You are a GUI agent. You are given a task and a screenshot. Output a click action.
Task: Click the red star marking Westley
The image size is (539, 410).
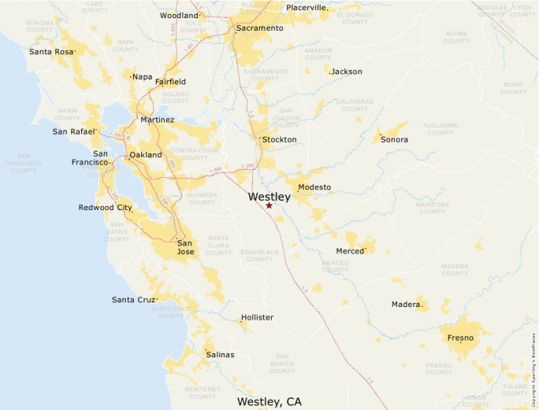point(269,206)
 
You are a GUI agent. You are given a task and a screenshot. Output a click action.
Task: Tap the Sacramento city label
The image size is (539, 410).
point(259,28)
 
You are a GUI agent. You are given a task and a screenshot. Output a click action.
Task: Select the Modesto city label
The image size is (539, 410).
point(314,187)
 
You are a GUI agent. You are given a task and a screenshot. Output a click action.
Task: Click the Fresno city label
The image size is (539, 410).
point(460,338)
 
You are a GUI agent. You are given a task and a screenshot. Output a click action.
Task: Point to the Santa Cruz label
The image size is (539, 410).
point(133,300)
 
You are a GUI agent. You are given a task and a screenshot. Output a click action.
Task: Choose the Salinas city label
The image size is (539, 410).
point(220,355)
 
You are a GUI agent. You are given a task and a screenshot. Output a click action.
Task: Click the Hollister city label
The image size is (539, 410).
point(257,318)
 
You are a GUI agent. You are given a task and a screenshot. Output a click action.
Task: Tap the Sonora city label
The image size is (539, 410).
point(395,140)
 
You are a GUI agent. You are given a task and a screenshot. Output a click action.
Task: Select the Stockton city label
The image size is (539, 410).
point(279,140)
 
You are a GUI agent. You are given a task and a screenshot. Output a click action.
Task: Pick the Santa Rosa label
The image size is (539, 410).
point(51,52)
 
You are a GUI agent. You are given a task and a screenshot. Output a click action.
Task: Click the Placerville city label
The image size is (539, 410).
point(307,8)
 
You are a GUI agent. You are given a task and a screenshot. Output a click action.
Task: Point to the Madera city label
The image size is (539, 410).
point(407,305)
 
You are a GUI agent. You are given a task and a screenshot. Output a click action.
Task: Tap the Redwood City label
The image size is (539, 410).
point(105,208)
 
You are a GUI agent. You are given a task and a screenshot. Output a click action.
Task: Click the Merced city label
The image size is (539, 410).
point(351,251)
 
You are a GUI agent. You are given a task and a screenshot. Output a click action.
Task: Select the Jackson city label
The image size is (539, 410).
point(347,72)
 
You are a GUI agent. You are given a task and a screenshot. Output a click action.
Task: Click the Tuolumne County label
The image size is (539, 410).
point(440,128)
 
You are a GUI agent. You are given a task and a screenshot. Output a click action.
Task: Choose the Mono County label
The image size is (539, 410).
point(513,88)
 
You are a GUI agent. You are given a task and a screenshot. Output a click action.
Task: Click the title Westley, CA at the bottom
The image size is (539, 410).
point(269,401)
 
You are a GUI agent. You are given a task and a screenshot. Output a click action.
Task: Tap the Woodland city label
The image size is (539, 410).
point(179,16)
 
